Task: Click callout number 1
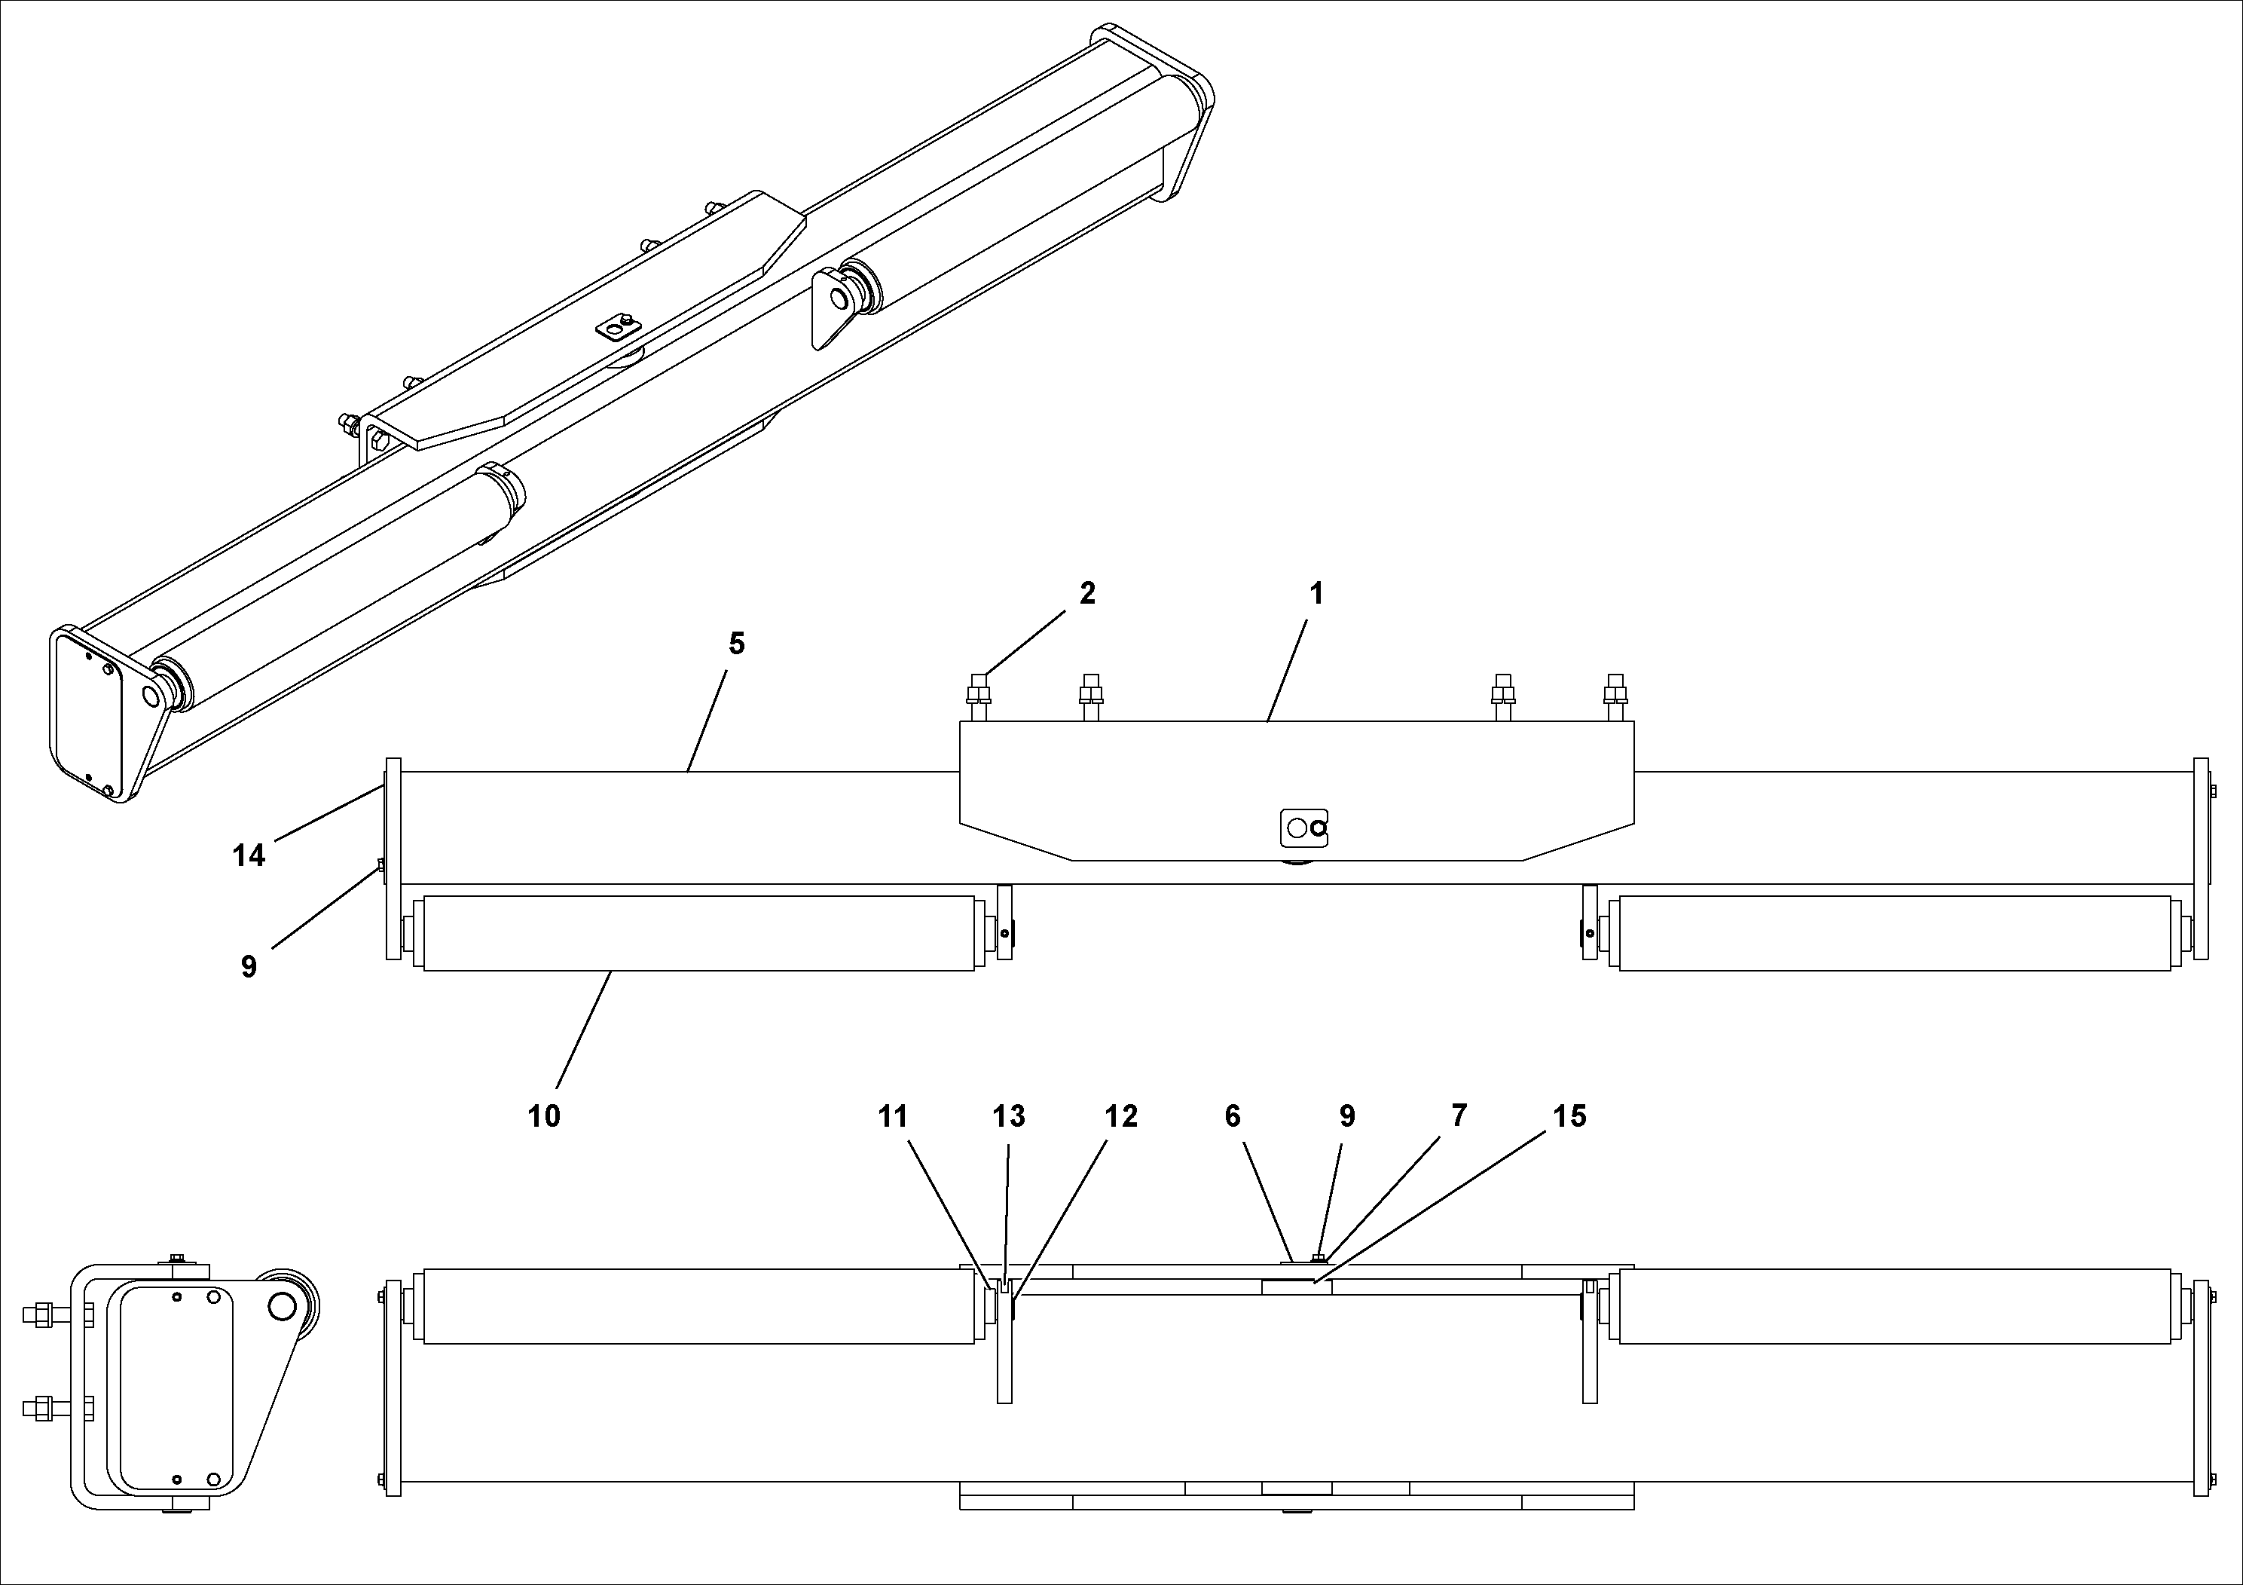(1316, 593)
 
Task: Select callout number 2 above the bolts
(1087, 593)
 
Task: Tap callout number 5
(737, 643)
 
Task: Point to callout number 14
(248, 856)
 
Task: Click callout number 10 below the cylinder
(543, 1116)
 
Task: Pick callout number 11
(893, 1116)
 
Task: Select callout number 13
(1009, 1116)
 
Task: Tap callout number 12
(1121, 1116)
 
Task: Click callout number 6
(1233, 1116)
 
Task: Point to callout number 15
(1570, 1116)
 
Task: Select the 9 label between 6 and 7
(1347, 1116)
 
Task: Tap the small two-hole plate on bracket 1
(1304, 828)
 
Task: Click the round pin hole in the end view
(280, 1306)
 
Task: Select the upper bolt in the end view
(44, 1314)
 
